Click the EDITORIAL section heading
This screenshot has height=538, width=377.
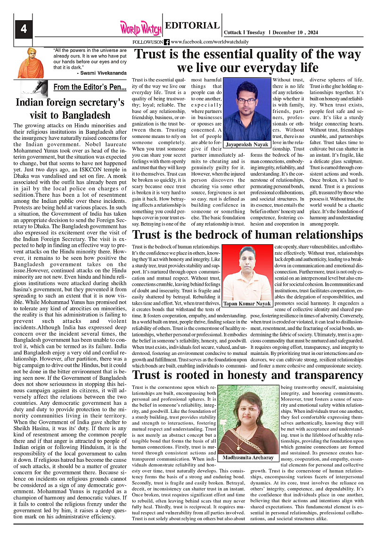pos(192,26)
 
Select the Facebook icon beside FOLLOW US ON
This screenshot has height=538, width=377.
pos(167,42)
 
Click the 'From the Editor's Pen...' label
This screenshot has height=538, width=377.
pos(90,87)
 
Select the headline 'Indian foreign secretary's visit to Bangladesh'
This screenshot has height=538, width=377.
pos(70,109)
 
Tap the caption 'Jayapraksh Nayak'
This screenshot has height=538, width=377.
pos(247,144)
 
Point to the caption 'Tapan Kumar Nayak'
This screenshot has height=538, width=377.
pos(247,304)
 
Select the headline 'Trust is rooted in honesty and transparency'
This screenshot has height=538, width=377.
pos(248,375)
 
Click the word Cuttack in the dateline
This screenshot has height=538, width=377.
pos(233,32)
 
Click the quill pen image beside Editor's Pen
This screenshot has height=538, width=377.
pos(36,88)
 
